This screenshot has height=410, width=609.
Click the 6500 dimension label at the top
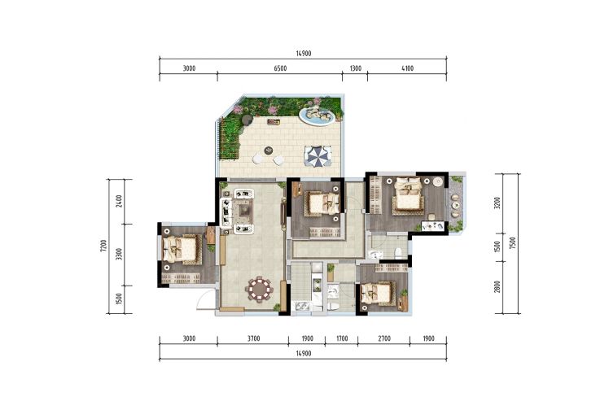pos(280,68)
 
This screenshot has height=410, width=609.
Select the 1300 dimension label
pos(355,68)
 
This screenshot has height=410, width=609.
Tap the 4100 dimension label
pos(407,68)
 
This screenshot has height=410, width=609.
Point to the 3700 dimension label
pos(253,338)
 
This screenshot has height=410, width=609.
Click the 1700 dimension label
pos(342,338)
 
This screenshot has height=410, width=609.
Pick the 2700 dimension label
pos(383,338)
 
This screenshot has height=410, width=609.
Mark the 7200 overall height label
pos(103,246)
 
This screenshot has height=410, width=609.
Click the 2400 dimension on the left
pos(119,201)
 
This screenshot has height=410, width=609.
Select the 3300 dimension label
pos(119,254)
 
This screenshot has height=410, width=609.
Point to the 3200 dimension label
pos(497,203)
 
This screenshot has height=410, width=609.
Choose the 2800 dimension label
pos(497,286)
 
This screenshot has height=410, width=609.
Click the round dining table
pos(259,289)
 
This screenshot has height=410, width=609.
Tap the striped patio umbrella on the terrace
pos(318,156)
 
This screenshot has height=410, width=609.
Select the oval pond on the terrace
pos(317,116)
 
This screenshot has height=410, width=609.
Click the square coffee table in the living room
pos(245,211)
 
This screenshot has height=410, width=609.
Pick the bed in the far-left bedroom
pos(180,249)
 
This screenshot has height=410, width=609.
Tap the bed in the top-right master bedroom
pos(408,195)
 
